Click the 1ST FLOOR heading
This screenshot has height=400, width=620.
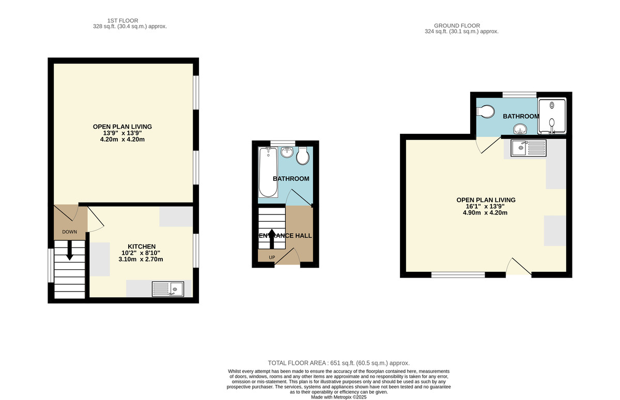point(122,21)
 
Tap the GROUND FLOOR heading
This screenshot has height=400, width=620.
point(457,25)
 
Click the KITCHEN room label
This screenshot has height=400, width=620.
point(142,247)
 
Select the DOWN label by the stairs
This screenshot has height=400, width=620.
point(69,232)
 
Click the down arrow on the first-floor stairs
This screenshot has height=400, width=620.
point(69,251)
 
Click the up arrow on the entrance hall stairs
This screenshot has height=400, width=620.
point(272,239)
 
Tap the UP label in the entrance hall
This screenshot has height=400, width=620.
point(272,257)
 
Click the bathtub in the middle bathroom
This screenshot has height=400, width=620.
point(268,172)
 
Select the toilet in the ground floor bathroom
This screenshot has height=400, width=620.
point(485,112)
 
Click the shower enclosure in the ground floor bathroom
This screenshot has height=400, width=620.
point(552,116)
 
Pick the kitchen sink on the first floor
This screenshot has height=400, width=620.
point(168,289)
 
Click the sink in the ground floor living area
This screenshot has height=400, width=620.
point(529,148)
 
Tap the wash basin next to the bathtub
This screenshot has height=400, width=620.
point(287,152)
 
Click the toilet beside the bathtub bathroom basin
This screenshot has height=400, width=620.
point(303,156)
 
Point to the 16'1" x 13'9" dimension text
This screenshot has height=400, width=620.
point(485,206)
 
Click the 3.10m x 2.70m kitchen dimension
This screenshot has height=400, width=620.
point(141,259)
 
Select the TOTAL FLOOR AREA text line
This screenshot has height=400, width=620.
point(338,363)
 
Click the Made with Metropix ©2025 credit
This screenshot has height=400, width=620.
point(338,397)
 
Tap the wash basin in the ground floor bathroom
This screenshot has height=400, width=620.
point(520,129)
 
